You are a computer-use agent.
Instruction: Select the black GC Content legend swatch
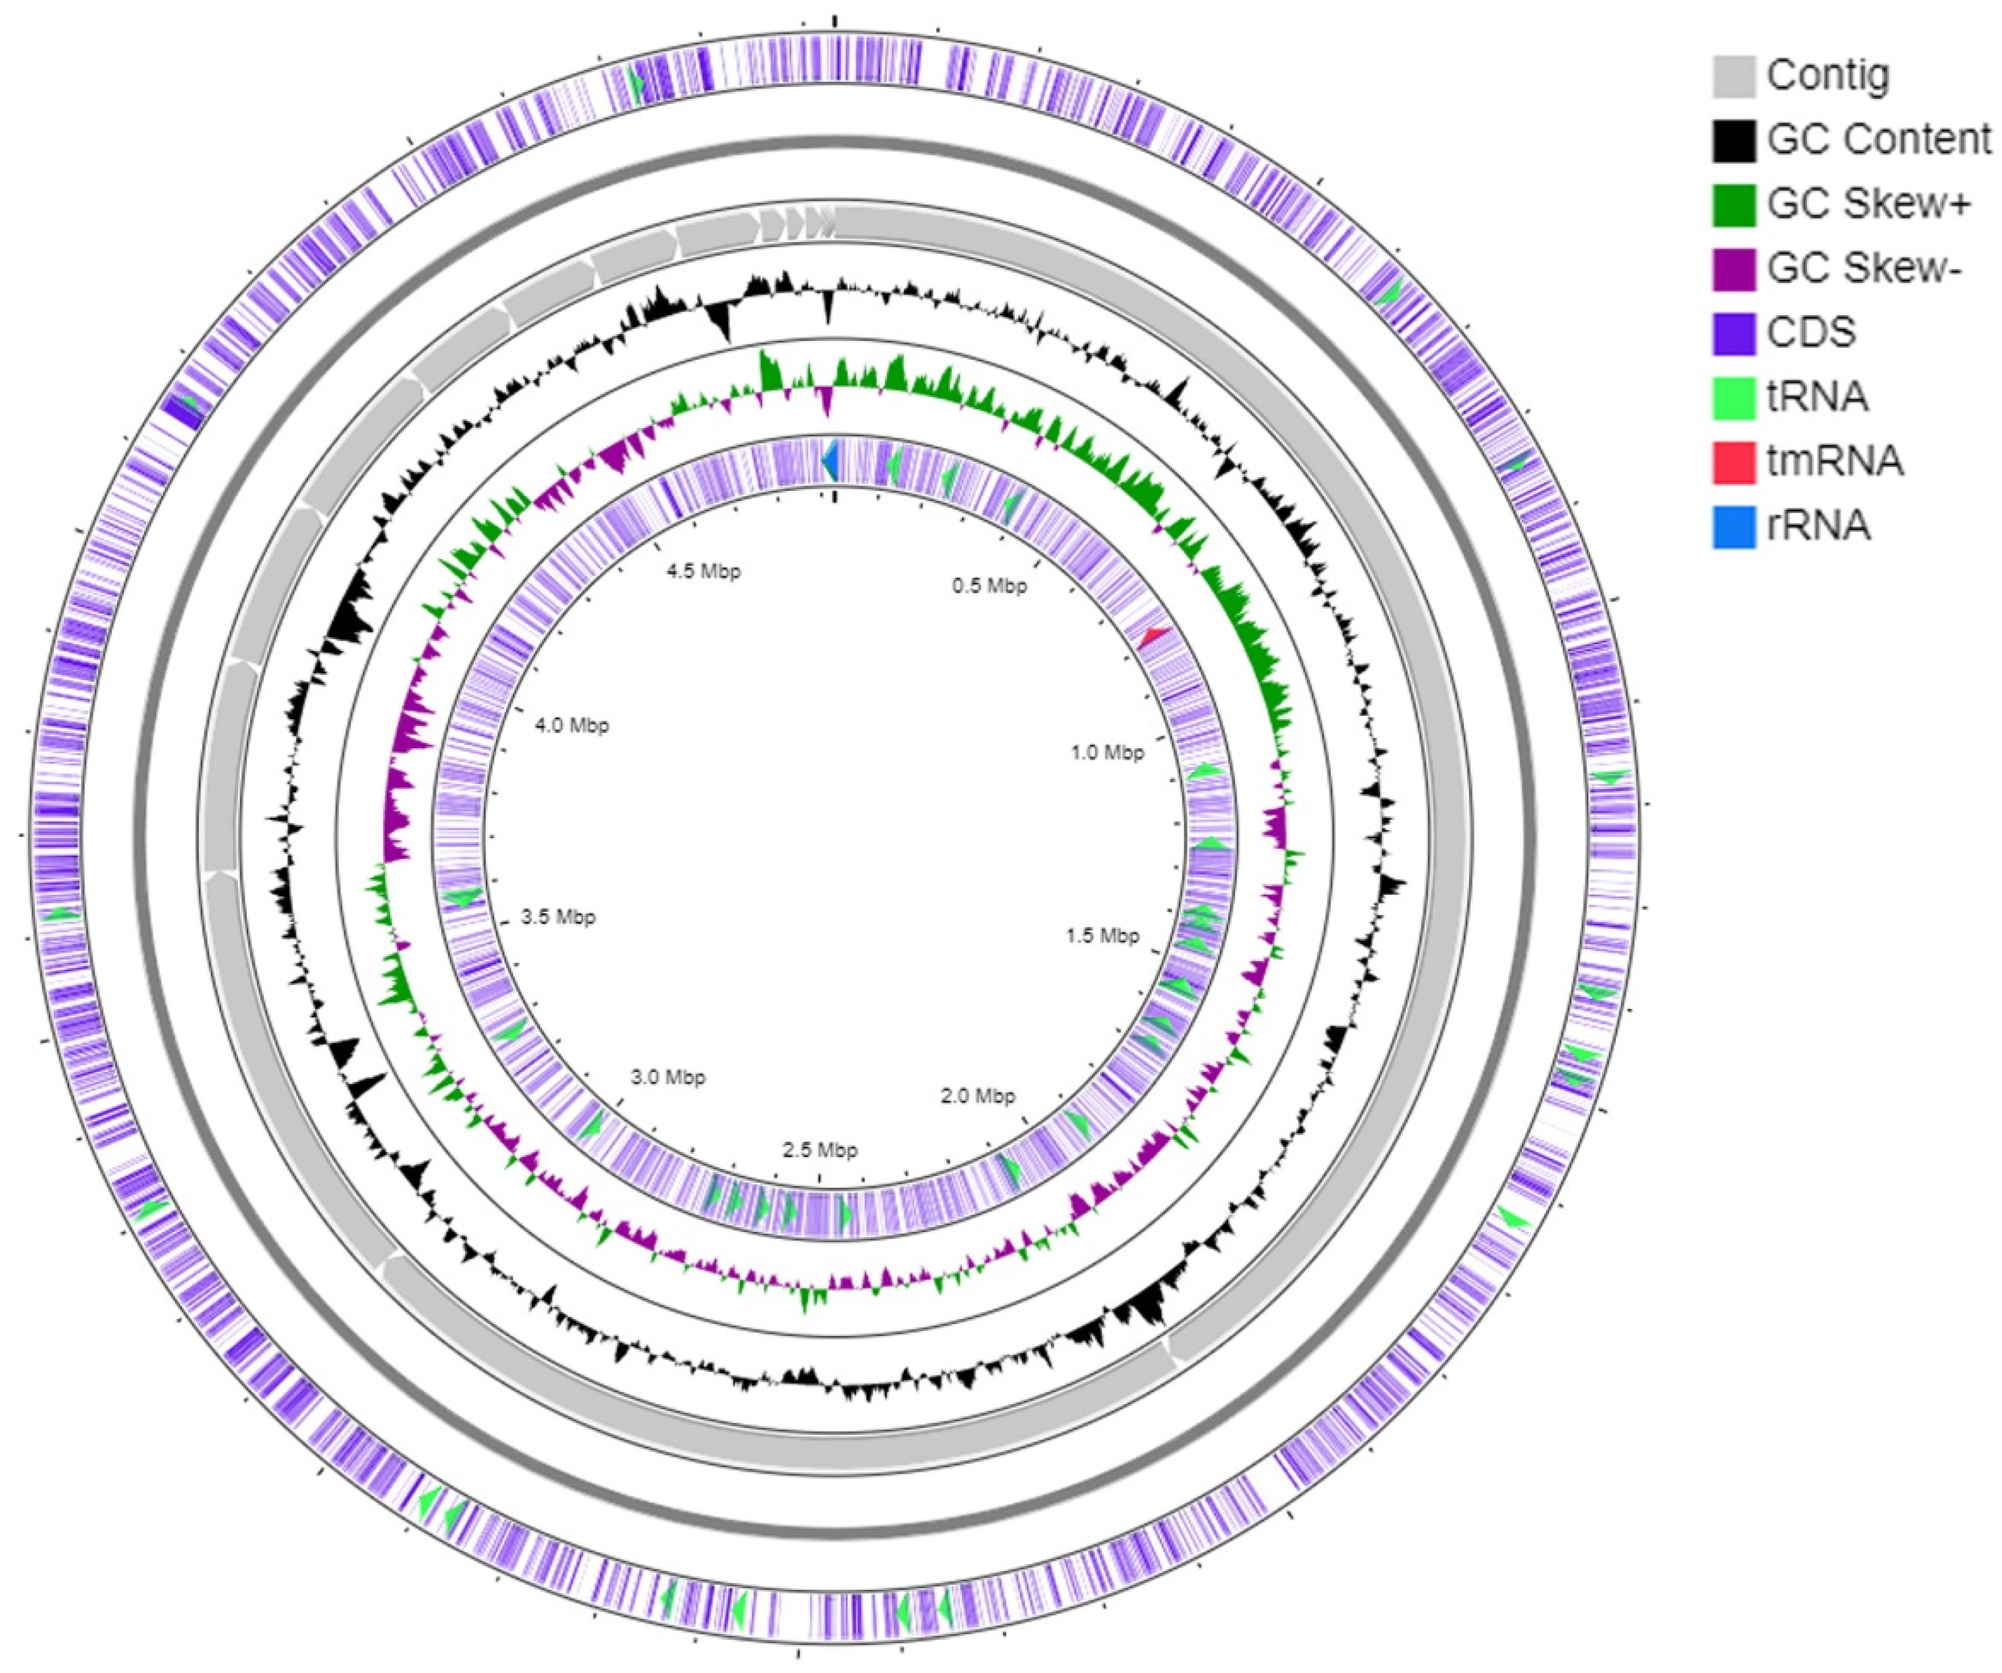(1733, 140)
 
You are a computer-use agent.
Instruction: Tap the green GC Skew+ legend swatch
(1733, 204)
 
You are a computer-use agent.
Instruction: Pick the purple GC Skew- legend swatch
(1733, 269)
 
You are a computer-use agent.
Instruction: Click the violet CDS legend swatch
(1733, 333)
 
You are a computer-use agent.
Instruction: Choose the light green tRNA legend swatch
(1733, 397)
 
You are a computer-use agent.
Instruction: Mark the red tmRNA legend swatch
(1733, 462)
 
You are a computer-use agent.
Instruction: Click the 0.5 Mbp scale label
(989, 585)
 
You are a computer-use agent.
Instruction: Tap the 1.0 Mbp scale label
(1107, 752)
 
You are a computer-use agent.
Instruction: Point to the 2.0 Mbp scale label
(977, 1096)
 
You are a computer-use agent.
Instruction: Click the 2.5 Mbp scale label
(820, 1150)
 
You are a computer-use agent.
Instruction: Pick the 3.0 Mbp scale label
(668, 1078)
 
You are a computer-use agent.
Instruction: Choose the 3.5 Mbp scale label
(558, 917)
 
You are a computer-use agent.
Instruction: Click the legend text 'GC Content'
(1878, 140)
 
